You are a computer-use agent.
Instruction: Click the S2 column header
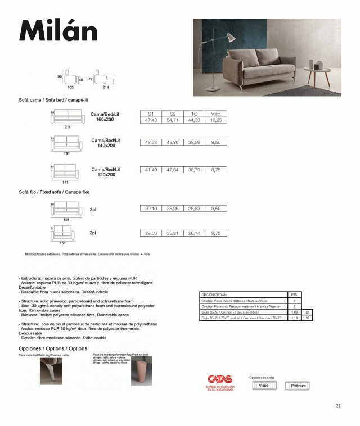point(172,114)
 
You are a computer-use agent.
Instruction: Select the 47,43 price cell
point(151,120)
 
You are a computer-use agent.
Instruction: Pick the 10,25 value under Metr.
point(215,120)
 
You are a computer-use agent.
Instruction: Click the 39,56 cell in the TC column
point(194,143)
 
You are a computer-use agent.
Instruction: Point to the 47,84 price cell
point(172,169)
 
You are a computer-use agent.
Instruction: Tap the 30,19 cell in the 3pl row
point(151,208)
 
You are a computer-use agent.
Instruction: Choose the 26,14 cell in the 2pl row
point(194,233)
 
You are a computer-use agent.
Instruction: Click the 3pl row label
point(93,209)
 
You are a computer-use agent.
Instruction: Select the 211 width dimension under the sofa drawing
point(67,128)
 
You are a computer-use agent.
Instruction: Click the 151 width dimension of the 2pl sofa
point(63,243)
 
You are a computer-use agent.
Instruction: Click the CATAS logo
point(219,380)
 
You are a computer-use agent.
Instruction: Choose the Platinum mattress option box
point(297,386)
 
